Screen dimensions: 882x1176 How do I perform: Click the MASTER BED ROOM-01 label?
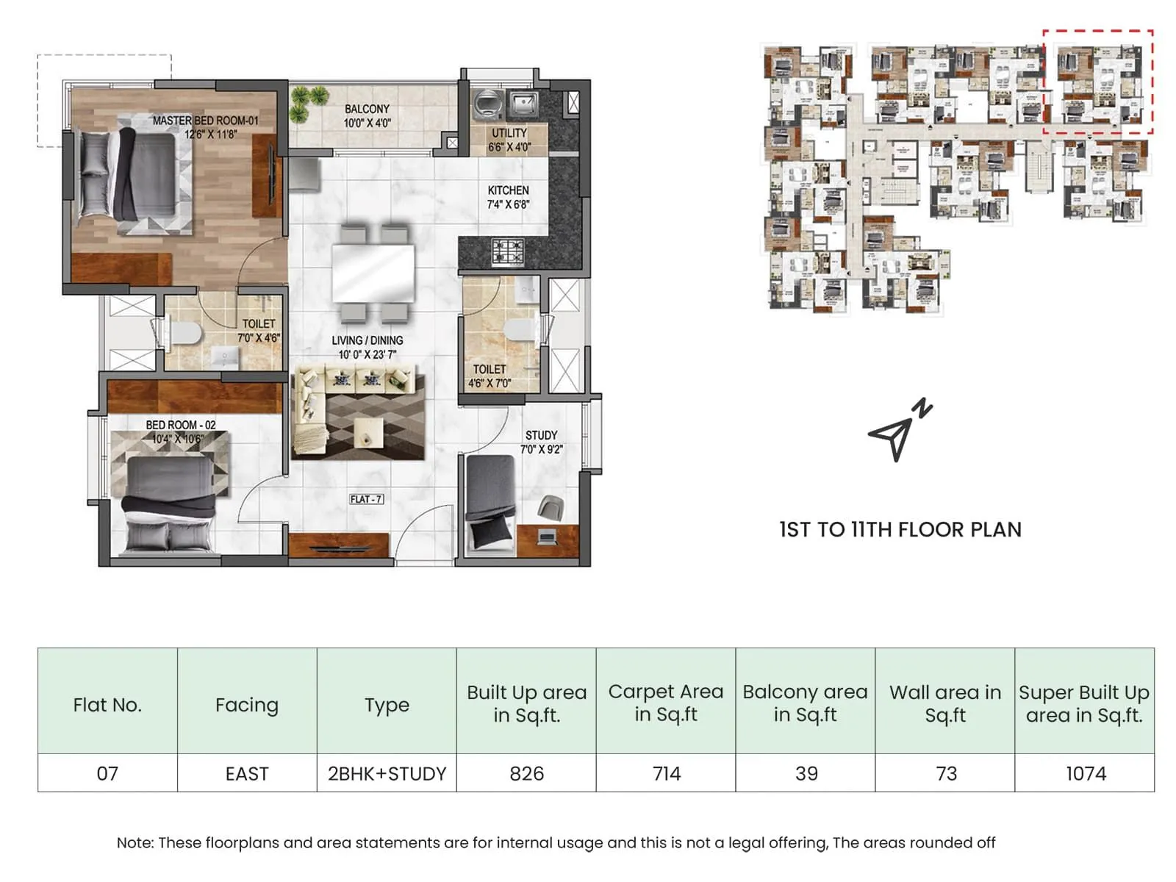pos(205,121)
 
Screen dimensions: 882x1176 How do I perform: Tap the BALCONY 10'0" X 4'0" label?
pos(367,115)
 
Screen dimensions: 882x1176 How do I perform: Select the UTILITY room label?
pos(509,140)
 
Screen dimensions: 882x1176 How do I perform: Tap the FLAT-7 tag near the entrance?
pos(366,499)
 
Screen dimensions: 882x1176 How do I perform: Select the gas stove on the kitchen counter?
pos(508,251)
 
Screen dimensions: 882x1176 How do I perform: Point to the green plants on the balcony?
pos(308,103)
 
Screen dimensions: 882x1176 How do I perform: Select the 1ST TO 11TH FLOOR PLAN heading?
pos(900,529)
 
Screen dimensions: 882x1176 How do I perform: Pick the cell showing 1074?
pos(1085,773)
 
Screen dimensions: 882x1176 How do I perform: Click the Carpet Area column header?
pos(666,703)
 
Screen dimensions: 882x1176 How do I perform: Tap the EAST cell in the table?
pos(247,773)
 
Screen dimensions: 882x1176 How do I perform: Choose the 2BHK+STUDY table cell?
pos(387,773)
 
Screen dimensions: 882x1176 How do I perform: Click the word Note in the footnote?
pos(134,843)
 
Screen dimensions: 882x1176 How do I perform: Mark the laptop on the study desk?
pos(545,538)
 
